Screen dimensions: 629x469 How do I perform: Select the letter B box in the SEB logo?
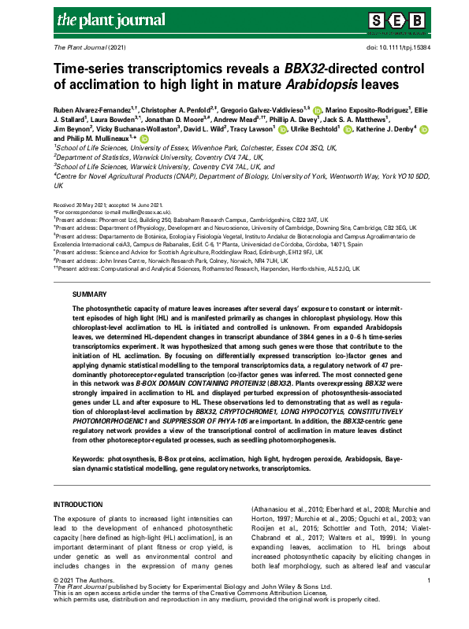click(x=417, y=20)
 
